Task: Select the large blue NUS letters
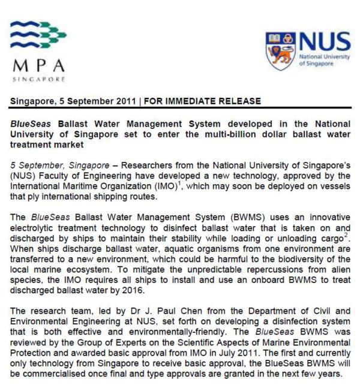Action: [324, 43]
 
